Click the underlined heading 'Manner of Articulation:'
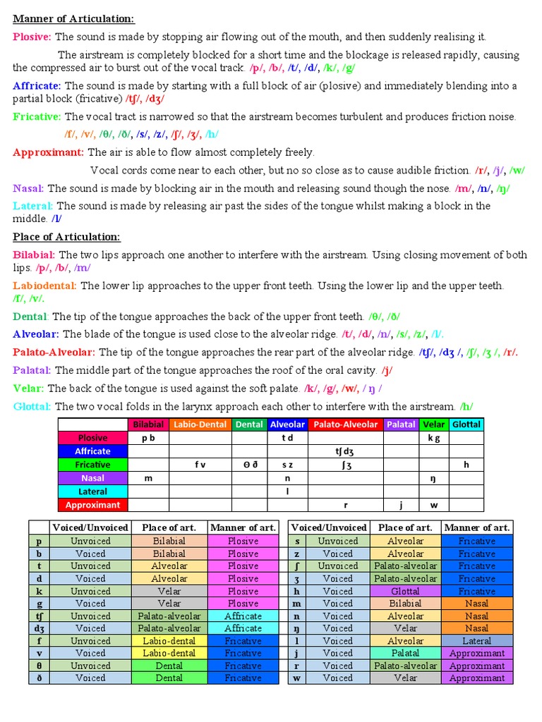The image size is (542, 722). (x=73, y=19)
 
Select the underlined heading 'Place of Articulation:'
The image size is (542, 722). (x=67, y=237)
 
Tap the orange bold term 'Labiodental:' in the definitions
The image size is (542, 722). (x=45, y=286)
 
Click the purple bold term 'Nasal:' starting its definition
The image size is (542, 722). (x=28, y=188)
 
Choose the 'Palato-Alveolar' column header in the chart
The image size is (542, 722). (x=346, y=424)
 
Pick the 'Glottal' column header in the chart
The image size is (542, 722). (x=466, y=424)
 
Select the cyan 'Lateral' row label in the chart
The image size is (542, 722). (x=93, y=491)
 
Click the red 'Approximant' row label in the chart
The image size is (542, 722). (x=93, y=505)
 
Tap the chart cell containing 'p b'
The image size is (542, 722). (x=148, y=438)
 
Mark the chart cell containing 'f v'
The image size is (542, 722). (x=200, y=465)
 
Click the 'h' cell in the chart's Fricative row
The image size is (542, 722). (x=466, y=465)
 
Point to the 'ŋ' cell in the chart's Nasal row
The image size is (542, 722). (x=433, y=478)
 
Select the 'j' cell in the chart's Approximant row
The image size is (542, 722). (x=400, y=505)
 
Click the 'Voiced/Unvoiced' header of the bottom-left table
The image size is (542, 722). (x=90, y=527)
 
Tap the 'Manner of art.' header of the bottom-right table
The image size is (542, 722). (x=476, y=527)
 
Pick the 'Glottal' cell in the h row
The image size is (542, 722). (x=405, y=591)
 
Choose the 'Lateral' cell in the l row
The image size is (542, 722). (x=476, y=641)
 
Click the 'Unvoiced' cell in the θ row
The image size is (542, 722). (x=90, y=666)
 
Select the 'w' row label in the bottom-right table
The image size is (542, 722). (x=296, y=678)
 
